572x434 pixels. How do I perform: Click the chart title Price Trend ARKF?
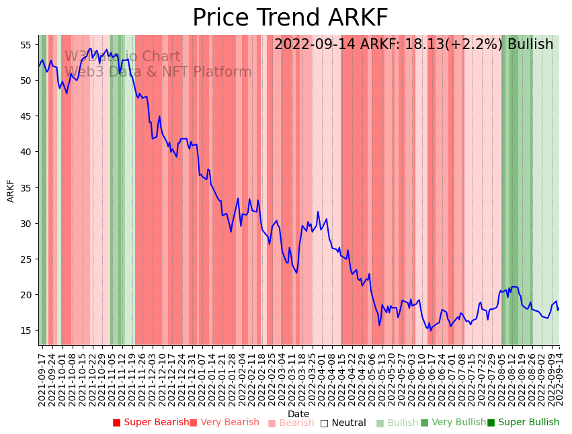[290, 18]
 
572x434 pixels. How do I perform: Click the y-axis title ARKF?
[11, 191]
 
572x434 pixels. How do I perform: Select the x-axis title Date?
[298, 414]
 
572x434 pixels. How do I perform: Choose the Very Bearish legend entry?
[224, 423]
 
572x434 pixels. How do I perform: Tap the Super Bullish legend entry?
[523, 423]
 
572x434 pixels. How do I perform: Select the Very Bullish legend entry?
[453, 423]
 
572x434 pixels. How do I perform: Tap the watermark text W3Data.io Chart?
[122, 57]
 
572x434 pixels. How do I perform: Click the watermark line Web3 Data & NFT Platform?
[158, 72]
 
